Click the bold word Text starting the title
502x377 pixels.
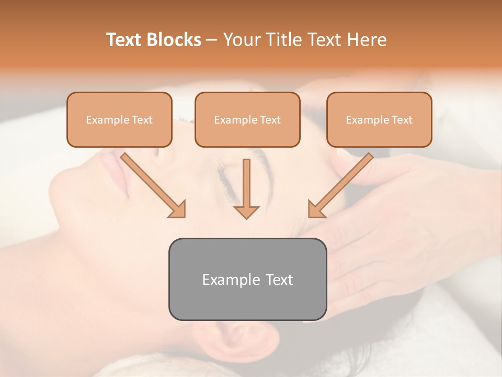(x=125, y=40)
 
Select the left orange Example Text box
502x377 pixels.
(x=119, y=119)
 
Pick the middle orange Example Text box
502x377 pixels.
(x=247, y=119)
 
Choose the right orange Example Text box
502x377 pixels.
(x=379, y=119)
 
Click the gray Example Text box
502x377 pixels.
(x=247, y=279)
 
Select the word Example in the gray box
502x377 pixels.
(x=225, y=280)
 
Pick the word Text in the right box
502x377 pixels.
(x=402, y=120)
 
